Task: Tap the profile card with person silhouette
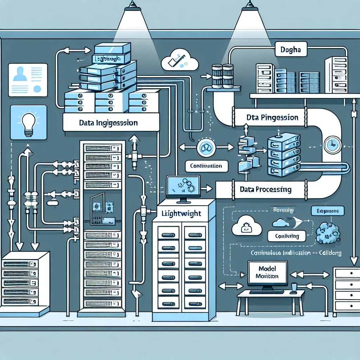[x=28, y=80]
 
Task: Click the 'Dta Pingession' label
[x=272, y=117]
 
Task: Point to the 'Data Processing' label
[x=265, y=189]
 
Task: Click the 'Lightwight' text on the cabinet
[x=180, y=213]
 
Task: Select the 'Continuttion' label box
[x=206, y=165]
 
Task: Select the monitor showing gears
[x=183, y=187]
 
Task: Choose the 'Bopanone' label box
[x=327, y=211]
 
